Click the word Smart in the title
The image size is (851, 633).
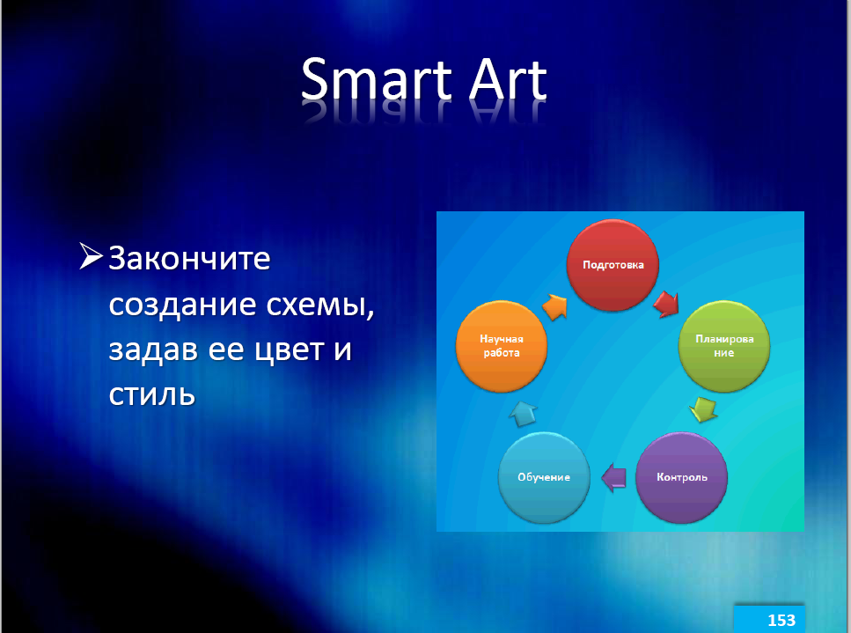point(377,79)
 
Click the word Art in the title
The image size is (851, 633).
point(508,79)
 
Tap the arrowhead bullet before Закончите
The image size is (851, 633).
point(91,255)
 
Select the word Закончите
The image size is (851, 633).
point(189,258)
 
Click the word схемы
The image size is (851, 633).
point(320,305)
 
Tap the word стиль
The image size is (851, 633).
point(152,395)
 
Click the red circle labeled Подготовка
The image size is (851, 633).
point(613,265)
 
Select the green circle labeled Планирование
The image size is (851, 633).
point(724,346)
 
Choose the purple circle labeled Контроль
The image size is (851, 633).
point(682,477)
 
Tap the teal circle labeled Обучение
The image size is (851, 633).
point(544,477)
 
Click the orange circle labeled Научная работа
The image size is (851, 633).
point(502,346)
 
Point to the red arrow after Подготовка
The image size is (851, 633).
point(666,304)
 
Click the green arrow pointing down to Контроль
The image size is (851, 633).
point(703,410)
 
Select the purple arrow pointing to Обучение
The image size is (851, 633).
point(613,478)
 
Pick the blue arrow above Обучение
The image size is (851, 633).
point(524,413)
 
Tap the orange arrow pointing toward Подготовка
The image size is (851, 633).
point(554,307)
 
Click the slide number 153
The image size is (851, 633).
point(781,620)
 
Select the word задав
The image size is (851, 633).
point(154,350)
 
